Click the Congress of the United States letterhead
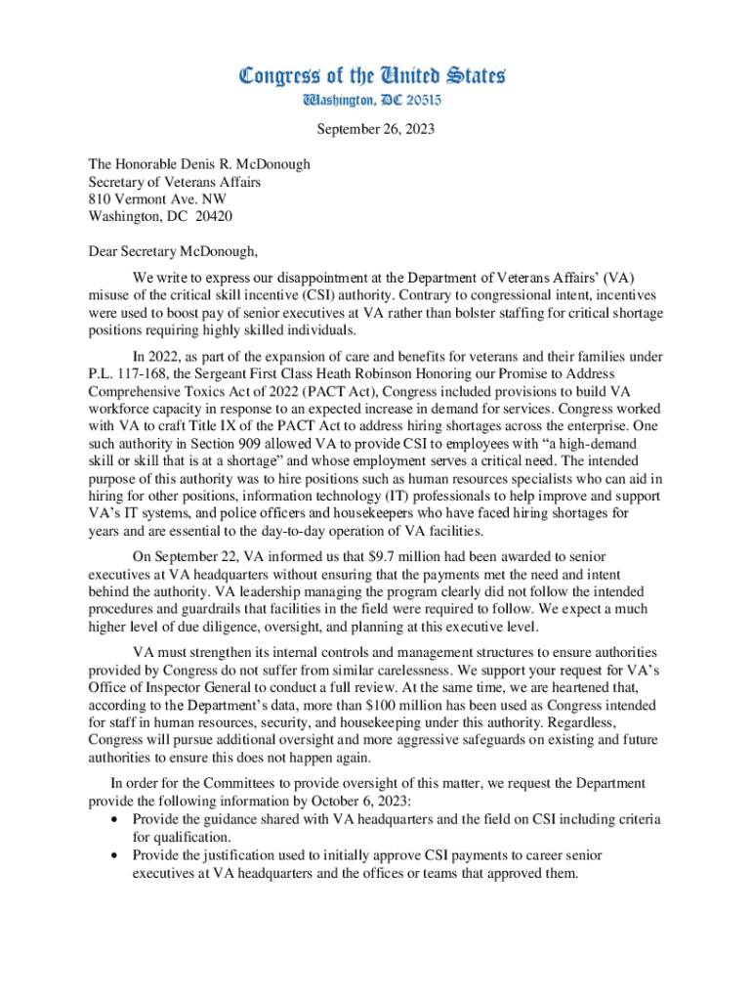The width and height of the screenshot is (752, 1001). [374, 75]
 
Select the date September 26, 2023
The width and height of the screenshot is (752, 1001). [375, 129]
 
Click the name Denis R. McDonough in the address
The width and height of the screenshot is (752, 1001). [249, 164]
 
